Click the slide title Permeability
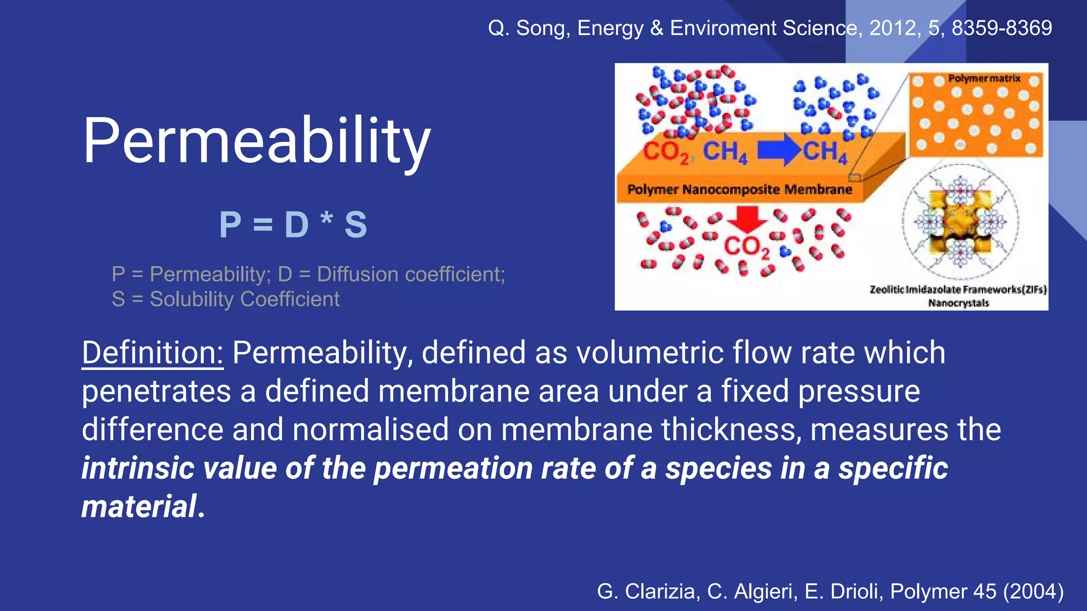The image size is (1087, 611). [x=256, y=141]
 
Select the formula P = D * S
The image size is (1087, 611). [x=293, y=224]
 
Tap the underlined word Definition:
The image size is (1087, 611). [x=152, y=353]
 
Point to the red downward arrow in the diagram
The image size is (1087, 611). [x=747, y=219]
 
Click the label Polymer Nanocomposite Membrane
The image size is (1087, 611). [x=739, y=189]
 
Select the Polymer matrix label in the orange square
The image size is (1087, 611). [x=984, y=78]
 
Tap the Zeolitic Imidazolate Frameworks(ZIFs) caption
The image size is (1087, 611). [x=958, y=290]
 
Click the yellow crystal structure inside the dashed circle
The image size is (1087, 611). [x=960, y=221]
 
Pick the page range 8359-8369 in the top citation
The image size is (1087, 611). [x=1002, y=28]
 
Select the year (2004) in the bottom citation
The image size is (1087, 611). [x=1033, y=591]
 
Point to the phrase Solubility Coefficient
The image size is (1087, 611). [x=244, y=299]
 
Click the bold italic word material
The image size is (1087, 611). [x=140, y=506]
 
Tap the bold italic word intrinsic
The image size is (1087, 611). [x=137, y=468]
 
